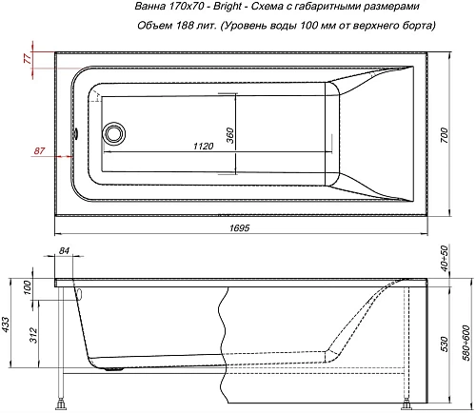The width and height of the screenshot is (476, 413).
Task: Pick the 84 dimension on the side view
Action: [x=65, y=250]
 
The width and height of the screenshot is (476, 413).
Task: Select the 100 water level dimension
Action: [x=27, y=286]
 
